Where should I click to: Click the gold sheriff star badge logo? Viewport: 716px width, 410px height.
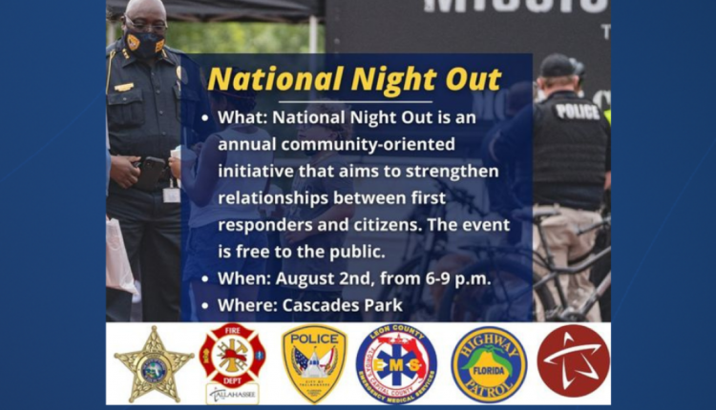(153, 363)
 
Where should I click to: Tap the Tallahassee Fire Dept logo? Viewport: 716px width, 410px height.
(232, 361)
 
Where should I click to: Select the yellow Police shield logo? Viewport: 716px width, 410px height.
(314, 363)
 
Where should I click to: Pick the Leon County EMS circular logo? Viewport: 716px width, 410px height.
(395, 363)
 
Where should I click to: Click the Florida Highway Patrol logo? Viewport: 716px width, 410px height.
(488, 363)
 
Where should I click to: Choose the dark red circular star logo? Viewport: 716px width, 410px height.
(573, 360)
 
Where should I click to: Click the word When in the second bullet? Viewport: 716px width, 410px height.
(240, 279)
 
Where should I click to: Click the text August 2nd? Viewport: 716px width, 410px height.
(318, 279)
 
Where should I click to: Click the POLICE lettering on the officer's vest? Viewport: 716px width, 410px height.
(577, 111)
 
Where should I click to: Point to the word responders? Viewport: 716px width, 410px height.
(263, 226)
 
